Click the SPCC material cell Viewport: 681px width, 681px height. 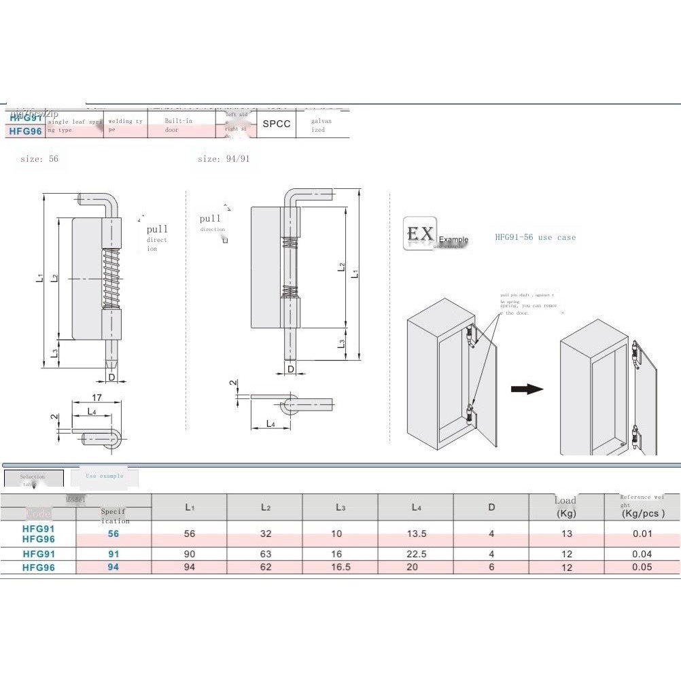point(276,124)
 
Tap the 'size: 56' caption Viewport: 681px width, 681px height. point(39,158)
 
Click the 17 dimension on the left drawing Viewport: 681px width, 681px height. point(97,398)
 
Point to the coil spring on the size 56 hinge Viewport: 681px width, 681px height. point(111,278)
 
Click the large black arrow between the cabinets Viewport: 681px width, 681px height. point(527,389)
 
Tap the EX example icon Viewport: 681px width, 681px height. point(419,234)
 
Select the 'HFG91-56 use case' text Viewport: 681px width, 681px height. point(535,238)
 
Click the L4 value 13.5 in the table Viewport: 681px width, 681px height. point(416,534)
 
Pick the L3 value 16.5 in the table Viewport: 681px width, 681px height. point(340,567)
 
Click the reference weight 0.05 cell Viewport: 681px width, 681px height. point(642,567)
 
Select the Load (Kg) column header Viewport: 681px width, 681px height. point(565,507)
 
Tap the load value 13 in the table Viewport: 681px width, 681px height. point(567,534)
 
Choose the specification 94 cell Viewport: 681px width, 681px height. point(113,567)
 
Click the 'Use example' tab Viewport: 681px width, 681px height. point(105,476)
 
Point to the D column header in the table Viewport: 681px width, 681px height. point(491,507)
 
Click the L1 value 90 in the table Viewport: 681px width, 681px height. point(190,554)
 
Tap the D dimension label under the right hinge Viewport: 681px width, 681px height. point(291,369)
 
